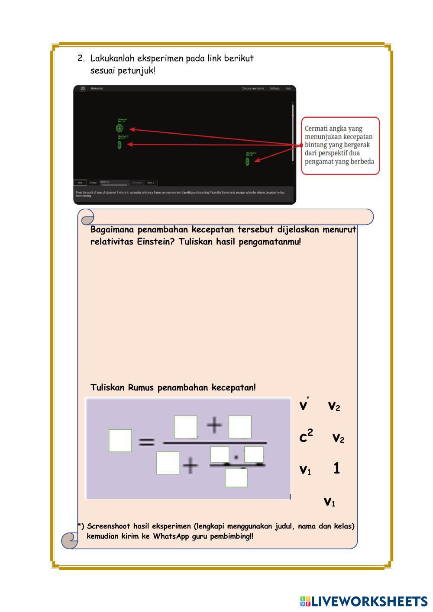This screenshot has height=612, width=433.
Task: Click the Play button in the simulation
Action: click(x=80, y=183)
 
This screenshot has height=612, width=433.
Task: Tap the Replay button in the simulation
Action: click(x=93, y=183)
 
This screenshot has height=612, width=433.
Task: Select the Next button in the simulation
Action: click(x=150, y=183)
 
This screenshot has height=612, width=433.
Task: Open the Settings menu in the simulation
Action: click(x=275, y=88)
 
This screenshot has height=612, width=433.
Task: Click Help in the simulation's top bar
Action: click(x=288, y=88)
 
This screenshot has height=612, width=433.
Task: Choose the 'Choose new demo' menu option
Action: click(x=253, y=88)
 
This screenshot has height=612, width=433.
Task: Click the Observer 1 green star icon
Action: click(x=120, y=128)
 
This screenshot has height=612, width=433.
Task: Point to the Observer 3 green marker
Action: click(x=247, y=161)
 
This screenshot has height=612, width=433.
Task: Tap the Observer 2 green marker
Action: click(x=120, y=145)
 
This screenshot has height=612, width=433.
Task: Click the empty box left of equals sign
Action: click(x=120, y=441)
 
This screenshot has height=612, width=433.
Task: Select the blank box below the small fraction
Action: click(x=236, y=477)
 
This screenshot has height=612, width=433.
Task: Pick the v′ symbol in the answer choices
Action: click(x=304, y=406)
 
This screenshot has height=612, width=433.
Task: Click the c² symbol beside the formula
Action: click(x=306, y=437)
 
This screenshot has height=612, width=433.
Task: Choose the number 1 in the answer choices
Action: click(x=336, y=468)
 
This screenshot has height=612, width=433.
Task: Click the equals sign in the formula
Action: click(x=146, y=442)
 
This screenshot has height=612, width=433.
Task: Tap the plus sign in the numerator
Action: click(x=214, y=425)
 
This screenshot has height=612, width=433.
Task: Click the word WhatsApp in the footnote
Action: click(x=171, y=537)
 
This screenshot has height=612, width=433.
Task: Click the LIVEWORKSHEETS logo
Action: click(x=363, y=601)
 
